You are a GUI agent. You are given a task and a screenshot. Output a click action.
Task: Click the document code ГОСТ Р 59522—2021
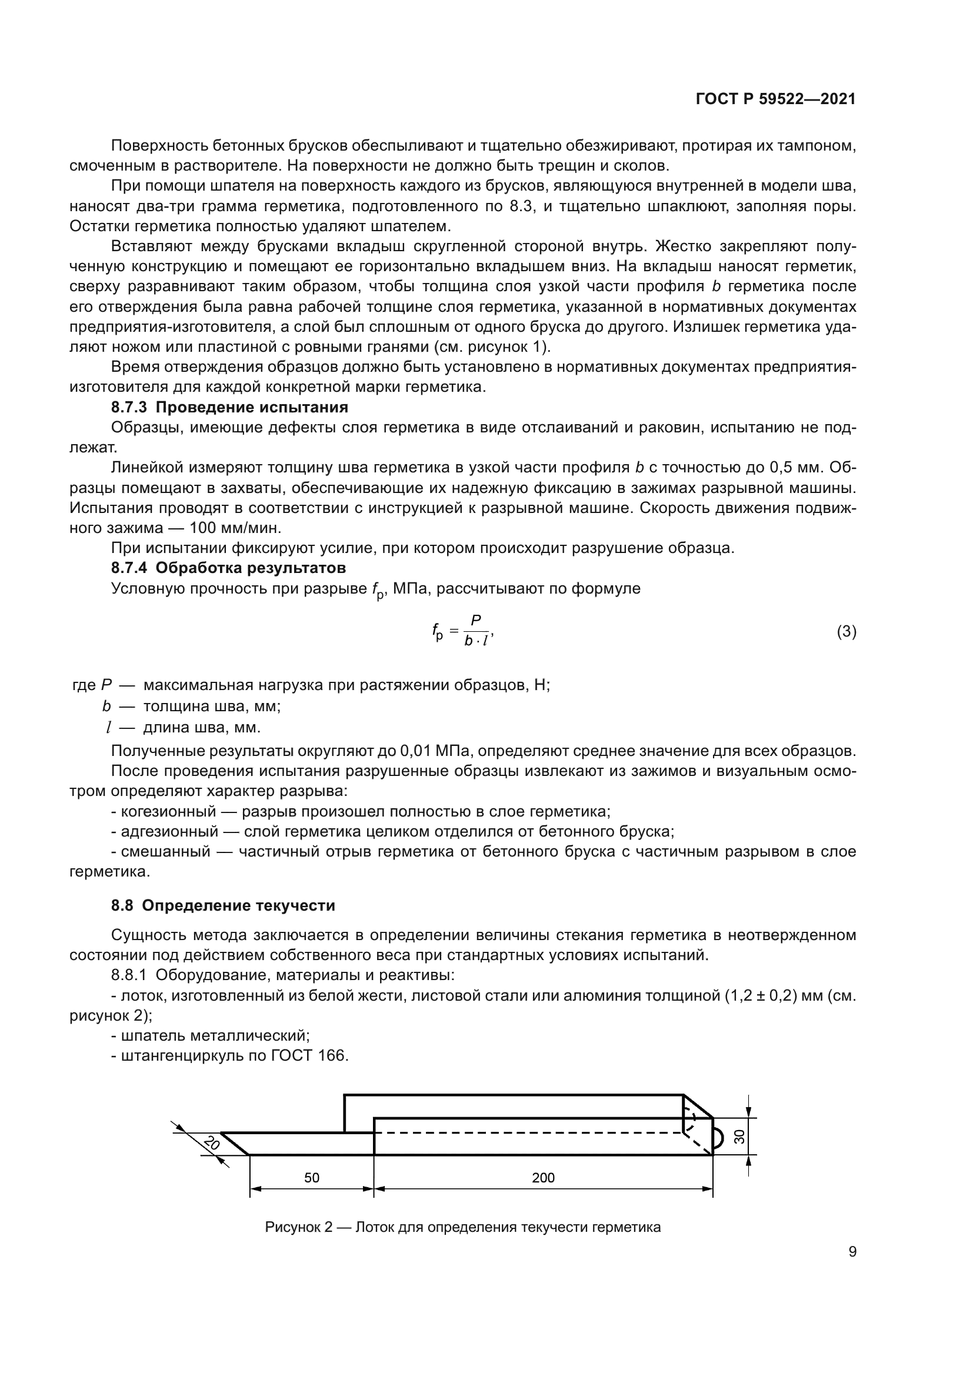pyautogui.click(x=775, y=99)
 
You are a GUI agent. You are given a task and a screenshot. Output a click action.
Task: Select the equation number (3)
pyautogui.click(x=846, y=631)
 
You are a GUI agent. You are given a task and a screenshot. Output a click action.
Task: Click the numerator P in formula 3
pyautogui.click(x=476, y=620)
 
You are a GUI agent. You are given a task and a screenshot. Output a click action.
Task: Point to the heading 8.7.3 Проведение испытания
pyautogui.click(x=229, y=408)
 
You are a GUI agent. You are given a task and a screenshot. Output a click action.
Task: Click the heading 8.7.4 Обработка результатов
pyautogui.click(x=228, y=568)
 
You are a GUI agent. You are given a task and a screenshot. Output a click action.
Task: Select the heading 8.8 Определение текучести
pyautogui.click(x=223, y=905)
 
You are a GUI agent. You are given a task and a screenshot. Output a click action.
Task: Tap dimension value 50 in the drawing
pyautogui.click(x=312, y=1177)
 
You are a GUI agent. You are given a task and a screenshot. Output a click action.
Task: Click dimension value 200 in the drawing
pyautogui.click(x=543, y=1177)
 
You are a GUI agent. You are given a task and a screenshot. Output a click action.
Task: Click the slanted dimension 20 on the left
pyautogui.click(x=211, y=1143)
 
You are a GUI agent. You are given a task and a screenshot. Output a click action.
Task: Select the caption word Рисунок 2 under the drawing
pyautogui.click(x=298, y=1227)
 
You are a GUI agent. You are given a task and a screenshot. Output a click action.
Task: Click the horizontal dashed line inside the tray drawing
pyautogui.click(x=527, y=1132)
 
